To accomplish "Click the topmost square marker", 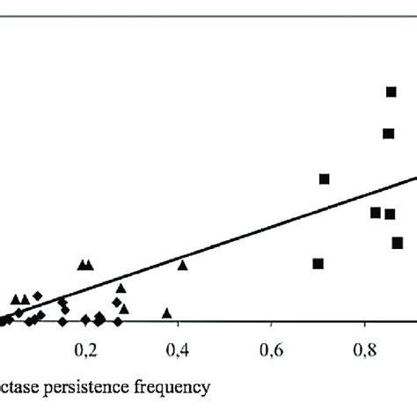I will tap(391, 91).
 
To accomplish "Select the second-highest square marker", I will tap(388, 133).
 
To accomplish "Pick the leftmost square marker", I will tap(318, 263).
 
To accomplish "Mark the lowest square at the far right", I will tap(398, 242).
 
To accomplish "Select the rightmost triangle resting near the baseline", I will tap(166, 312).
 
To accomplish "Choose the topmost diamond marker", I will tap(37, 296).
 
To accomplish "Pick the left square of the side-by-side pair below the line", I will tap(376, 212).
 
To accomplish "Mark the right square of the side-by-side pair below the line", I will tap(390, 214).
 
